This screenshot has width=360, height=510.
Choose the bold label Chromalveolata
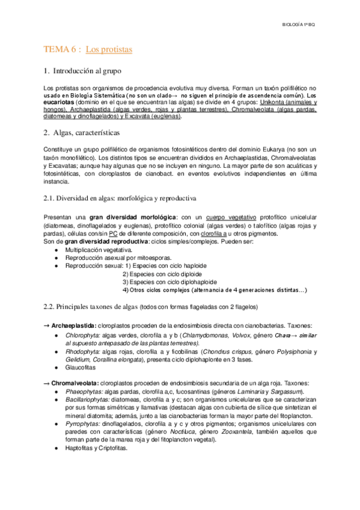[72, 383]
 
